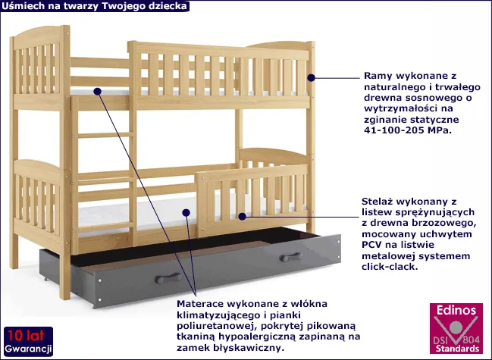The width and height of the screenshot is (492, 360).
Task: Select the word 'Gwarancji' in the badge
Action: pyautogui.click(x=27, y=349)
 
